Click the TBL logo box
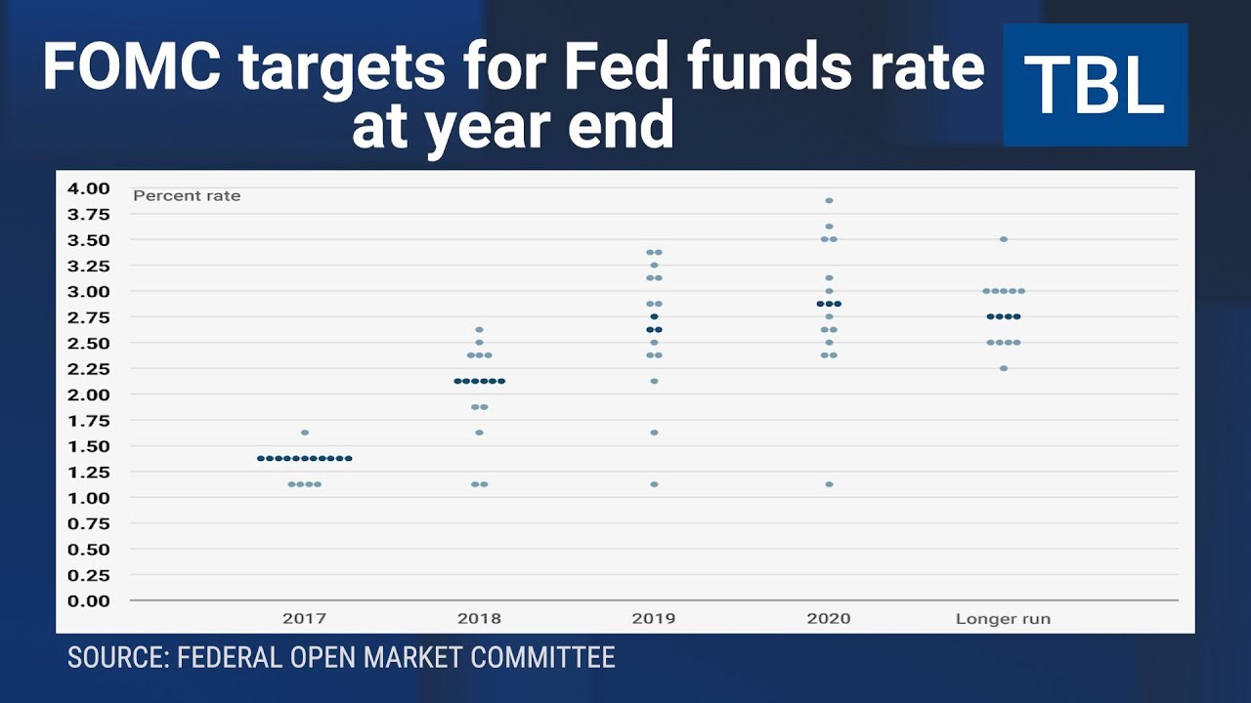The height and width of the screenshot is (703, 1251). pos(1095,85)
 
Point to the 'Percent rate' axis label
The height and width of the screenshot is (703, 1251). pos(187,195)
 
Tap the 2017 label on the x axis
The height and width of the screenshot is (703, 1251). pos(304,618)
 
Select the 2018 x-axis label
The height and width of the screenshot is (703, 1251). pos(479,618)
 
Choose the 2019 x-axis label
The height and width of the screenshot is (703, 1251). pos(654,618)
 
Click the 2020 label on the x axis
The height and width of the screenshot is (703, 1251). pos(829,618)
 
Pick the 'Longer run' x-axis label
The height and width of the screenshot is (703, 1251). pos(1003,618)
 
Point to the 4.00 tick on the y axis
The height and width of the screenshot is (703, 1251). pos(89,187)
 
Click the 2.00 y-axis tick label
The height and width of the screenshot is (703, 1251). pos(89,394)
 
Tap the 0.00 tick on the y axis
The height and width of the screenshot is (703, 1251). pos(89,600)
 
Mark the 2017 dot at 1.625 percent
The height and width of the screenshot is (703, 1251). pos(305,433)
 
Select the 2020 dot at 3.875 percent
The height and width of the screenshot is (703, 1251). pos(829,200)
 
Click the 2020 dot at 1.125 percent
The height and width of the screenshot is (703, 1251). pos(829,484)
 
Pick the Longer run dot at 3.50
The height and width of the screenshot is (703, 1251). pos(1004,239)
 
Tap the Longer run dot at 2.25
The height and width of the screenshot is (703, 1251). pos(1004,368)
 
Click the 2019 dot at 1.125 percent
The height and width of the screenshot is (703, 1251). pos(654,484)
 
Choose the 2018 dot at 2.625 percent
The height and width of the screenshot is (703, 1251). pos(479,330)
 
